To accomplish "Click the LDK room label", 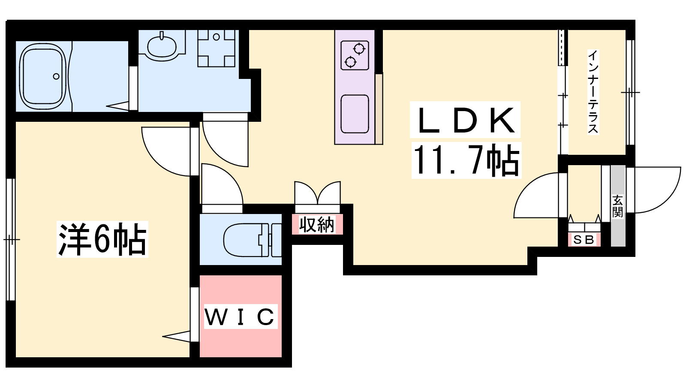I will (x=465, y=120).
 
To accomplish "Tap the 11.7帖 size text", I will (x=466, y=160).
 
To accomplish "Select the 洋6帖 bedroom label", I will (x=102, y=239).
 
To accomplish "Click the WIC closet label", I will (x=240, y=317).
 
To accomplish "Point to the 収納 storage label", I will (x=317, y=224).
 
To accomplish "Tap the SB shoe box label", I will (x=584, y=240).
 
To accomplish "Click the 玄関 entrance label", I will (x=617, y=206).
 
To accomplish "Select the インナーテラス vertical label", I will (x=593, y=92).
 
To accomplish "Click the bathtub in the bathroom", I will (x=43, y=76).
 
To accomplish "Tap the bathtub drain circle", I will (x=56, y=76).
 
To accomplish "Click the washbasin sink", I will (x=162, y=46).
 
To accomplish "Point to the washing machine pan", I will (x=216, y=48).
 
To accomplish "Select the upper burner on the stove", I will (x=359, y=49).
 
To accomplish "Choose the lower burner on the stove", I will (x=350, y=62).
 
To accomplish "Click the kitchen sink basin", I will (x=355, y=114).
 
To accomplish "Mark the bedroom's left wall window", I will (x=11, y=239).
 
